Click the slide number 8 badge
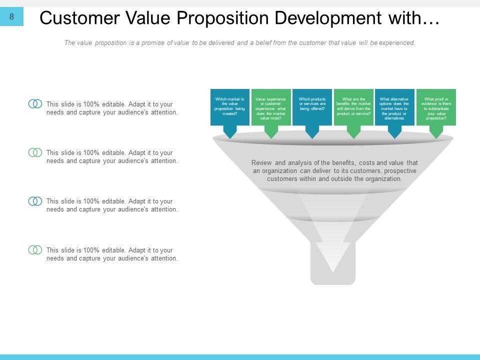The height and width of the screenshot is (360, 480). click(x=11, y=16)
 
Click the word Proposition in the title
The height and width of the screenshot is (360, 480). click(x=223, y=18)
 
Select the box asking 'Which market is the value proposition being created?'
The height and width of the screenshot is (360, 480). click(x=230, y=107)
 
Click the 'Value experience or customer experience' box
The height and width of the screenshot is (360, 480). click(x=271, y=107)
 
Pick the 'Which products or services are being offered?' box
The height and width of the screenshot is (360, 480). click(x=312, y=107)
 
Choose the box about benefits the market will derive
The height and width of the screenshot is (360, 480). click(x=353, y=107)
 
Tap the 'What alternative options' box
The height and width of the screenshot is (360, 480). click(x=394, y=107)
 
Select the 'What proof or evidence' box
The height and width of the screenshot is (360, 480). click(x=436, y=107)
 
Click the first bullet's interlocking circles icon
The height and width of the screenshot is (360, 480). click(x=35, y=104)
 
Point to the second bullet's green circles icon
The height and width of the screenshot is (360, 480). click(x=35, y=152)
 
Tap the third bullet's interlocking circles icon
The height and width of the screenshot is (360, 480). click(x=35, y=201)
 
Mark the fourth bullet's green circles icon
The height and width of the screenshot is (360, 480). click(x=35, y=250)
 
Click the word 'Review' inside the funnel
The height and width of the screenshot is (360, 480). click(x=261, y=163)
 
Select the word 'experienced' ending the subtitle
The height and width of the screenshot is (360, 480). click(x=397, y=43)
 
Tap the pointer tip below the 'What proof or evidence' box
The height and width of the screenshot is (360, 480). click(x=436, y=138)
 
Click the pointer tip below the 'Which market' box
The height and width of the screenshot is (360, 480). click(x=230, y=138)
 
